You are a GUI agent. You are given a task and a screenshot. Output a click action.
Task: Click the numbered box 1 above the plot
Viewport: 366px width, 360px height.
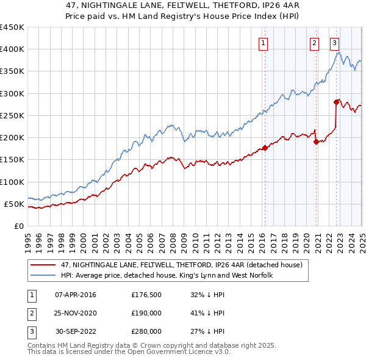coord(264,43)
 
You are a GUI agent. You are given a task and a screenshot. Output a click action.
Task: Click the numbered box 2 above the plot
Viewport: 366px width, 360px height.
coord(314,43)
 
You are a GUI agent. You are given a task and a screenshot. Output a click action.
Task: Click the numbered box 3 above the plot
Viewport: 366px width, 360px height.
coord(335,43)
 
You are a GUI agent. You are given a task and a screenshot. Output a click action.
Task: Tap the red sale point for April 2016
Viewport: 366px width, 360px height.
coord(265,148)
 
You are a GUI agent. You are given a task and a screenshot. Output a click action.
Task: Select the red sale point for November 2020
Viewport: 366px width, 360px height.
coord(316,142)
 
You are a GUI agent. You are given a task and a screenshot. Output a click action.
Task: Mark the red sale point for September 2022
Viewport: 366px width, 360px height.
coord(336,102)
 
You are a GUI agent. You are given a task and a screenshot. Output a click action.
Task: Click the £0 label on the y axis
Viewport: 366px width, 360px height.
coord(19,226)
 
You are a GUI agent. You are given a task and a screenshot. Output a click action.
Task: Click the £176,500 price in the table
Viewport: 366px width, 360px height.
coord(146,295)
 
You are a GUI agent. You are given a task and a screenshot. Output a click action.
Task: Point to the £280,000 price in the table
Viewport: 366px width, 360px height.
coord(146,331)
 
